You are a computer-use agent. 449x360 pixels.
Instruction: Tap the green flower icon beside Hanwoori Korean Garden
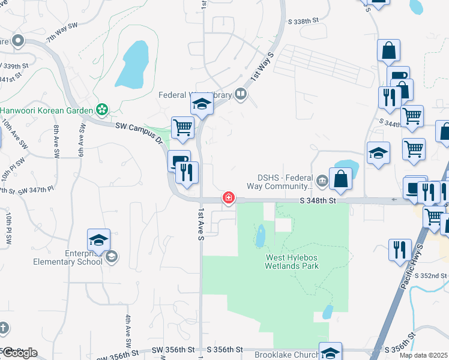102,109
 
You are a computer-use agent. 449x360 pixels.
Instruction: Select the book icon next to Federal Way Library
241,94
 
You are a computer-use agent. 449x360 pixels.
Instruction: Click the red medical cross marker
228,197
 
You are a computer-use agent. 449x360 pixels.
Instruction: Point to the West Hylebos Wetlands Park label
292,262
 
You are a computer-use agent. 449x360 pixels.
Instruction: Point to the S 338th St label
303,20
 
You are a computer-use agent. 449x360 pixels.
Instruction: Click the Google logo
19,352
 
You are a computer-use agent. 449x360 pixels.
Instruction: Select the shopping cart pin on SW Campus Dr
182,127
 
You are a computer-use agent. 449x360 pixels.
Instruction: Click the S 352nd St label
435,275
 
